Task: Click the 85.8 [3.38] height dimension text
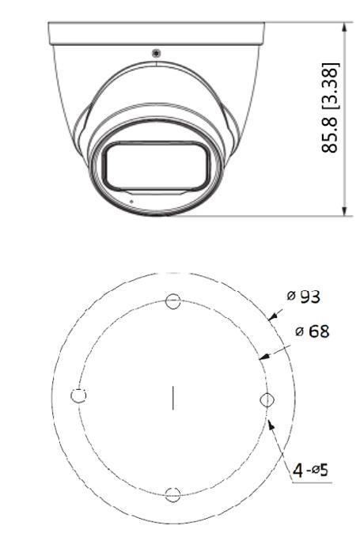point(330,108)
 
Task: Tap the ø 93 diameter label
point(304,297)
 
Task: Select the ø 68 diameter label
point(312,331)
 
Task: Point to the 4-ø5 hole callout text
point(310,470)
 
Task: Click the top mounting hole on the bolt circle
point(173,301)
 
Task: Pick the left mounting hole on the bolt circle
point(78,395)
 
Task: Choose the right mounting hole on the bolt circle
point(267,399)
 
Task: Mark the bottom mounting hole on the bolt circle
point(173,494)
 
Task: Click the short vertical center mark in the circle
point(173,398)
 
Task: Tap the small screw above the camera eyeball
point(156,53)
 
